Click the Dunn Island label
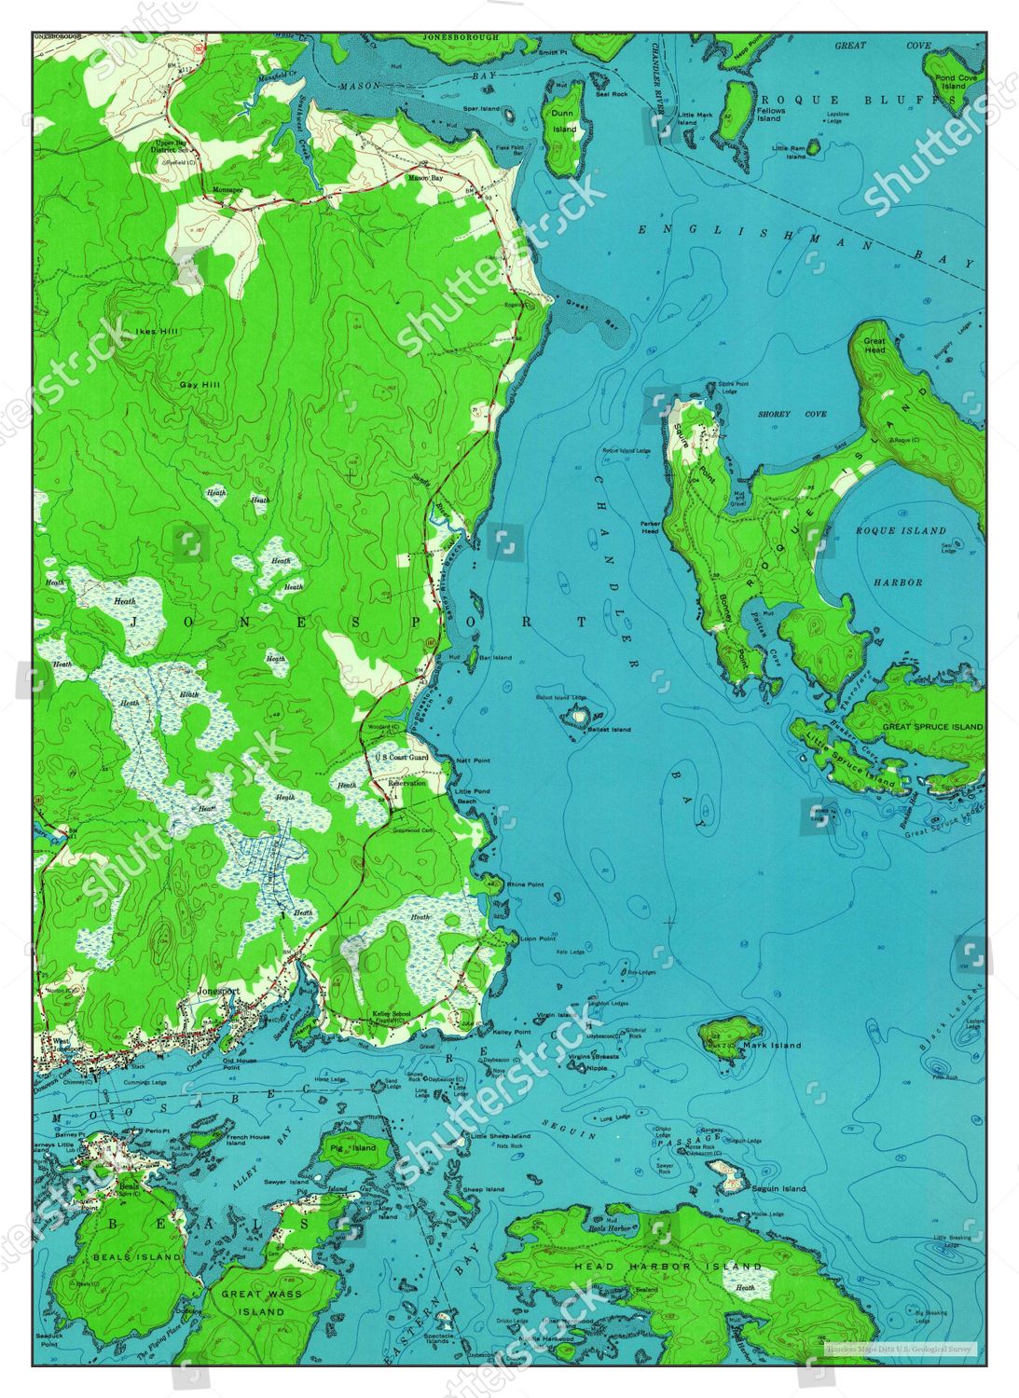coord(563,121)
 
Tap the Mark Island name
coord(772,1045)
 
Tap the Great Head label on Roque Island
coord(874,344)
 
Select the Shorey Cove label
coord(779,414)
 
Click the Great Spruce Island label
coord(932,726)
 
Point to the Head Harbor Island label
coord(668,1267)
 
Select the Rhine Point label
coord(525,884)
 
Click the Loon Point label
coord(538,939)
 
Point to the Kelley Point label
coord(512,1033)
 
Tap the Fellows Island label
coord(770,115)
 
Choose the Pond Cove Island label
coord(956,82)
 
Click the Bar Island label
coord(495,657)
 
